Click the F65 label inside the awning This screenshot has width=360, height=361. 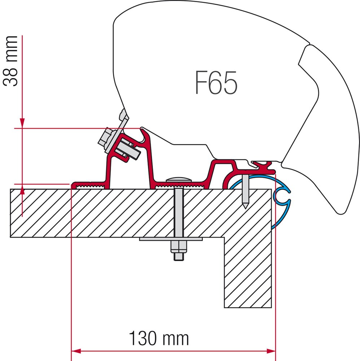coord(216,83)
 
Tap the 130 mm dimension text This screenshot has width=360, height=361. coord(159,338)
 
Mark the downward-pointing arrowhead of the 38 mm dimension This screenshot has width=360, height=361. coord(22,123)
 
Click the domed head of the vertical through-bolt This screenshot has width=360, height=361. coord(179,180)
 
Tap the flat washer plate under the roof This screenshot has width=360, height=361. coord(171,239)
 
